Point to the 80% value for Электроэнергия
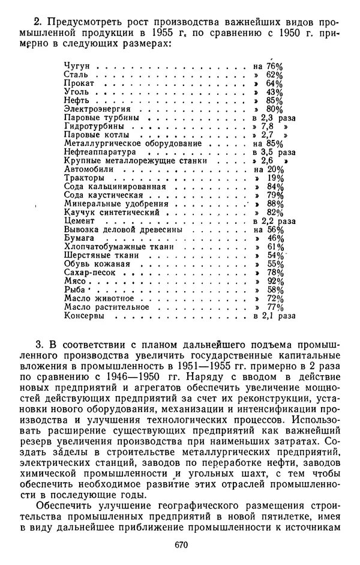[275, 109]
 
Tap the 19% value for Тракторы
[275, 178]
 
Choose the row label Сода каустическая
[103, 195]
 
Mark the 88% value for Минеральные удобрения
[275, 204]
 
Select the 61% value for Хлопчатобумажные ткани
[275, 247]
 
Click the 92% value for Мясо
[275, 281]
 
